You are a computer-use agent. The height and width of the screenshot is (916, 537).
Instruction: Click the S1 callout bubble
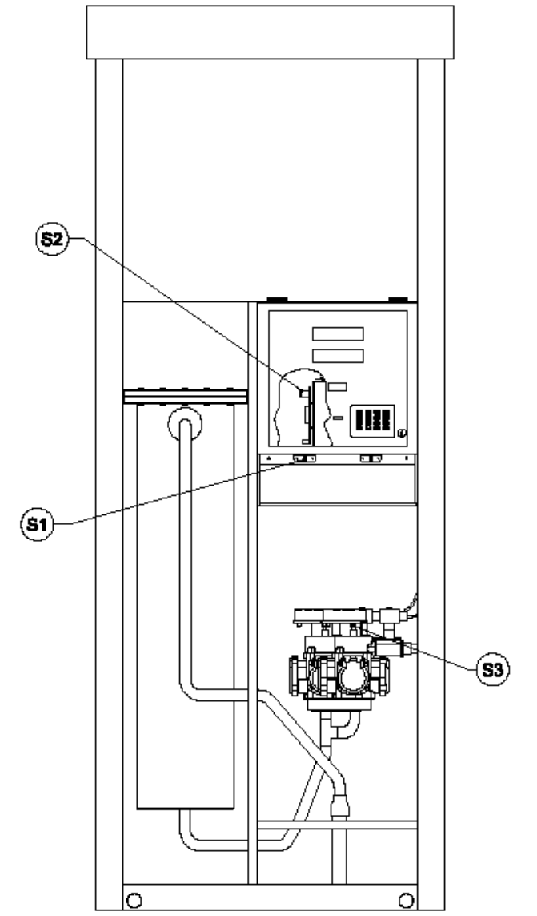37,524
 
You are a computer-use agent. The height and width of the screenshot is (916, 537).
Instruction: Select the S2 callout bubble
53,240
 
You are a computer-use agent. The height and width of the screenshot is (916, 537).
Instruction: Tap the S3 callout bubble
493,669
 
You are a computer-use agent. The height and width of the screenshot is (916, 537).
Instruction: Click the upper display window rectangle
338,333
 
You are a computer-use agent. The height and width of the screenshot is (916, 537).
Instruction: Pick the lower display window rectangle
338,356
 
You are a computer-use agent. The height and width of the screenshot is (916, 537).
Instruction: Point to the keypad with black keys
372,420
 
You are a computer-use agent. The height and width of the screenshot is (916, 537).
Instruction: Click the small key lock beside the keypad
401,433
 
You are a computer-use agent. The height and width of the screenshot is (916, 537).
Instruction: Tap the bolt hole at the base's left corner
134,900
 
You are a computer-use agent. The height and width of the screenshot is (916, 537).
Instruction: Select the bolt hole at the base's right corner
407,900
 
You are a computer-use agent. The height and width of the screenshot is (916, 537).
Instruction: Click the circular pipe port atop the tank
185,423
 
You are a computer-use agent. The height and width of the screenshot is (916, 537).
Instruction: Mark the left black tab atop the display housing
277,300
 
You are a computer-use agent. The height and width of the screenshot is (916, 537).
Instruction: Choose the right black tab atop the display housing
399,300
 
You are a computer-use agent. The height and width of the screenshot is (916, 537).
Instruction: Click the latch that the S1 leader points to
304,458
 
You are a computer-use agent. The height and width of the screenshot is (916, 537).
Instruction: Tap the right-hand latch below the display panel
371,458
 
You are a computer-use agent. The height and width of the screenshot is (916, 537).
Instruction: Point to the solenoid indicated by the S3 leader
387,648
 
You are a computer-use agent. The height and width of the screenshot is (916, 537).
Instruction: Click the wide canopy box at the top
271,32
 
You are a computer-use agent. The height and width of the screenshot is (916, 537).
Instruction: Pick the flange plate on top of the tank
185,396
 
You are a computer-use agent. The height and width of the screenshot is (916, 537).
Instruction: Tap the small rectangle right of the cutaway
338,386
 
